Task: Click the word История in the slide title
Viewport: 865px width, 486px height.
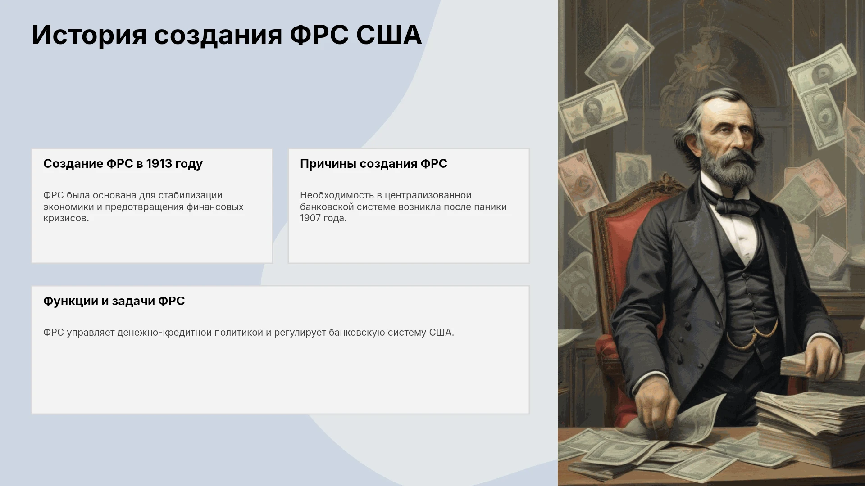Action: coord(89,35)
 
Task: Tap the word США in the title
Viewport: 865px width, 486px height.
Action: coord(389,35)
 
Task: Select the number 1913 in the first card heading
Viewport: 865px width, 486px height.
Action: coord(159,164)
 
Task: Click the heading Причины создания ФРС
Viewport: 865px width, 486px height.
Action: coord(373,164)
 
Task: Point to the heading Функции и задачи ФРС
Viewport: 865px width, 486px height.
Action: coord(114,301)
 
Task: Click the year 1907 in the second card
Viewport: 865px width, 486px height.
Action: coord(310,218)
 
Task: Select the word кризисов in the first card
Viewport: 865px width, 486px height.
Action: coord(66,219)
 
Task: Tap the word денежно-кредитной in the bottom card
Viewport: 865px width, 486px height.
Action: coord(164,333)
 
